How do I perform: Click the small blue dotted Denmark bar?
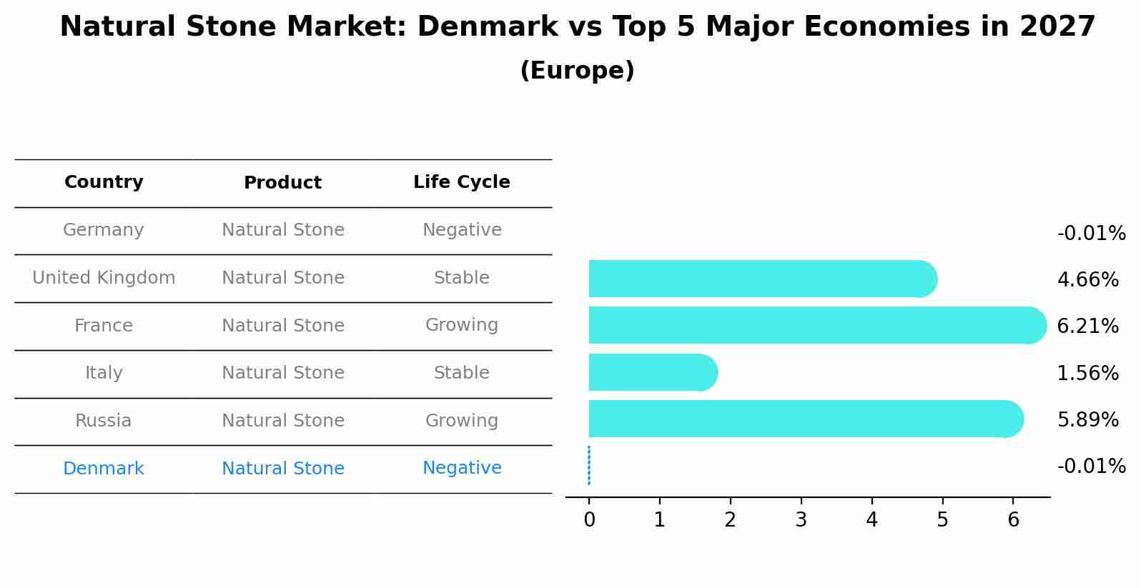[588, 466]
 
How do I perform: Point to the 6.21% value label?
[1087, 327]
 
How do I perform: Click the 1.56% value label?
[1087, 374]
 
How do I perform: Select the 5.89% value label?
[1087, 420]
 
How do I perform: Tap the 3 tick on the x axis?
[801, 520]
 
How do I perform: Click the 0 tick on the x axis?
[589, 520]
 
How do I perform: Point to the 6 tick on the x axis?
[1013, 520]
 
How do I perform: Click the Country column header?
[104, 182]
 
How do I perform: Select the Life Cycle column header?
[462, 182]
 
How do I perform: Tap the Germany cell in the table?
[104, 230]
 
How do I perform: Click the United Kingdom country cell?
[104, 278]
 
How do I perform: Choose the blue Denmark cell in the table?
[104, 469]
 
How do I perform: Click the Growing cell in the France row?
[462, 325]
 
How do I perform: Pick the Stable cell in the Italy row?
[462, 373]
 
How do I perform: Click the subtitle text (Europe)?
[577, 71]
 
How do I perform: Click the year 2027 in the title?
[1057, 27]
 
